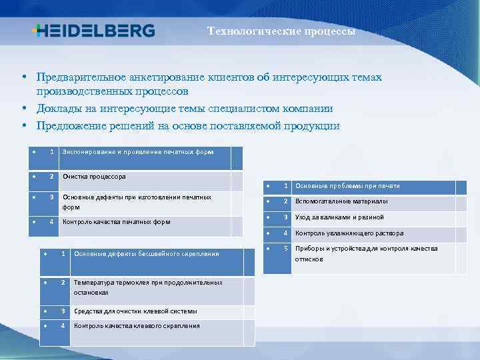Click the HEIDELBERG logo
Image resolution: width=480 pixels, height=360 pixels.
93,31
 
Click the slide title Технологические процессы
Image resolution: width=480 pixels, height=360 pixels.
281,31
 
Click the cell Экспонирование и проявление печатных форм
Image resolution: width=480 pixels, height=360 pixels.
138,152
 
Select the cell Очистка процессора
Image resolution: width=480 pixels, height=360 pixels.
94,177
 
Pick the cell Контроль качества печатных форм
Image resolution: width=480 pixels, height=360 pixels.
116,222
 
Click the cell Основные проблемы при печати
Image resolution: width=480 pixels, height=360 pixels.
347,186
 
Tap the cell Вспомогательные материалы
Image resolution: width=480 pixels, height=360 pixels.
341,201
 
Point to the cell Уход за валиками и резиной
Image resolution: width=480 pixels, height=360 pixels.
339,217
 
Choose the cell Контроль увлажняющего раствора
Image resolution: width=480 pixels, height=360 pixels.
349,233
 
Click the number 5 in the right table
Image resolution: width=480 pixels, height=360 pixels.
285,249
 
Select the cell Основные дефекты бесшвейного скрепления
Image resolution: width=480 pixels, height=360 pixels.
147,254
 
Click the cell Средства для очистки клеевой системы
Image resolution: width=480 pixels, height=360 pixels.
135,311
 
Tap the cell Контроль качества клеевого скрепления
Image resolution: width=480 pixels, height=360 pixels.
137,326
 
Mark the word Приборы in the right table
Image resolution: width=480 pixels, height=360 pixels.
309,249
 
